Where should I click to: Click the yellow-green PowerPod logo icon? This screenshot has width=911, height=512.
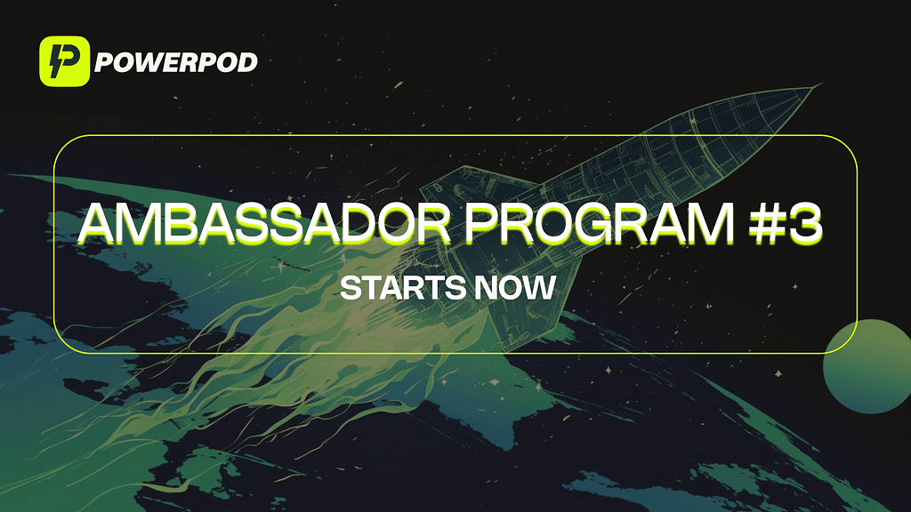pos(64,61)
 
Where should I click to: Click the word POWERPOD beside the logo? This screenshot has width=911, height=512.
pos(176,62)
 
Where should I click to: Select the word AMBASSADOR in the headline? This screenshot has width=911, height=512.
pos(264,223)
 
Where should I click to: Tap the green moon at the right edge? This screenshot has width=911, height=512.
pos(868,365)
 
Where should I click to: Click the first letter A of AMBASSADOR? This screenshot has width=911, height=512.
pos(98,223)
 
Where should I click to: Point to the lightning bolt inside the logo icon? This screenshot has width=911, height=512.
pos(58,62)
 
